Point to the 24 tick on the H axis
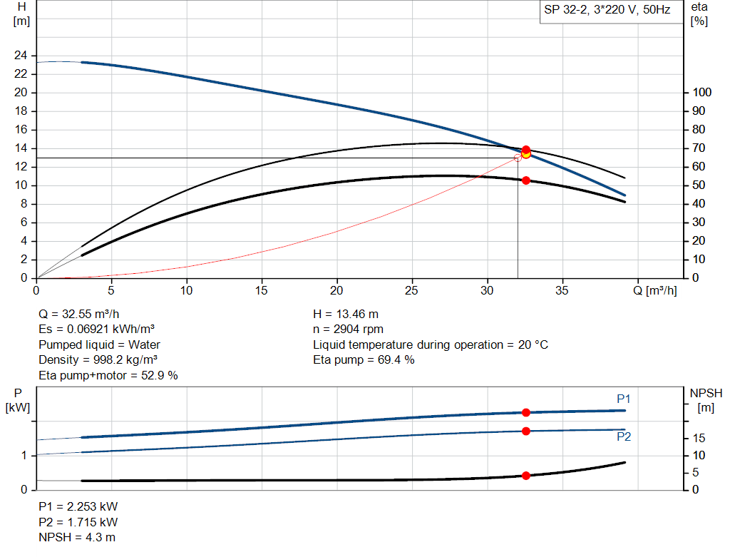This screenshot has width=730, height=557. click(21, 56)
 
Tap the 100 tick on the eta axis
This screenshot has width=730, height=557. click(702, 93)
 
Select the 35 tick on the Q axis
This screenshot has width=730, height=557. click(563, 290)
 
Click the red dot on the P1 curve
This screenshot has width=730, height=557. click(526, 412)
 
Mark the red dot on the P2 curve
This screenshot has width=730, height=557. click(526, 431)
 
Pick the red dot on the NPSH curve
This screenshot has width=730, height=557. click(526, 476)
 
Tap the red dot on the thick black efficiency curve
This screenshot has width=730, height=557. click(526, 180)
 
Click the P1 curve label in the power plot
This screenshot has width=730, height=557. click(624, 399)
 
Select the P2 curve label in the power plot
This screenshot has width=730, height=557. click(624, 437)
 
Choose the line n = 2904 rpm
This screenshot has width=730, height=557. click(349, 329)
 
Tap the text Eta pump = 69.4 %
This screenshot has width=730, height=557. click(364, 360)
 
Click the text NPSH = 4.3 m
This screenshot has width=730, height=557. click(77, 537)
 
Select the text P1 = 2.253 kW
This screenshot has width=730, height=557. click(78, 506)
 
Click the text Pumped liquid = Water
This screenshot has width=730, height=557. click(99, 344)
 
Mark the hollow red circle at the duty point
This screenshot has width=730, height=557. click(518, 158)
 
